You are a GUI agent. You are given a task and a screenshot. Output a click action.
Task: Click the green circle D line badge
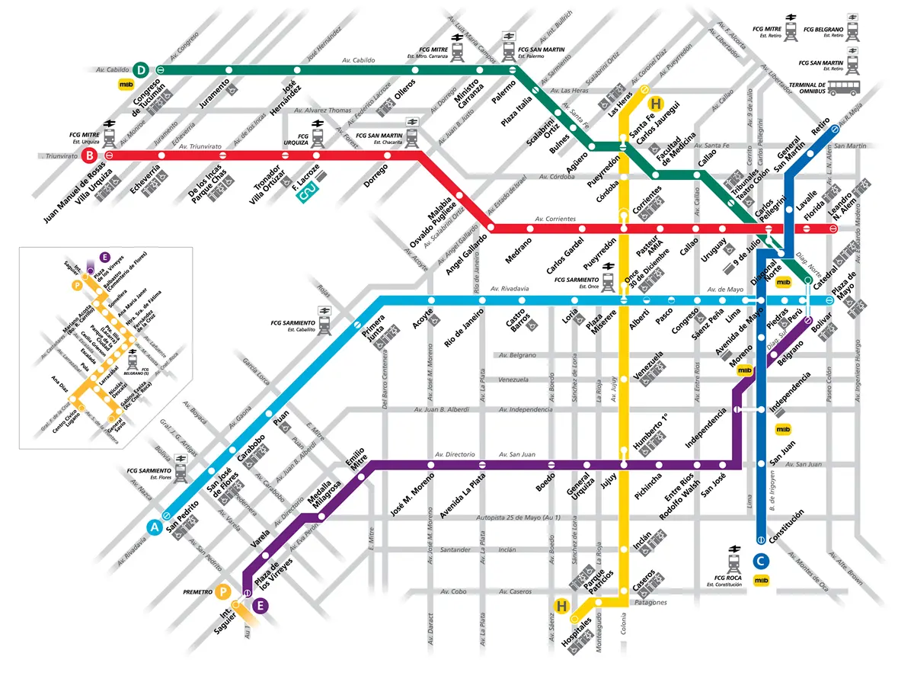[140, 69]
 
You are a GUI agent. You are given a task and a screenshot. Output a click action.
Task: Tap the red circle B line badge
[91, 156]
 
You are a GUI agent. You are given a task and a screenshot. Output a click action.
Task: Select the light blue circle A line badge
[155, 527]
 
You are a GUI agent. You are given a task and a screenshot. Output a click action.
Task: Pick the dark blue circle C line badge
[760, 561]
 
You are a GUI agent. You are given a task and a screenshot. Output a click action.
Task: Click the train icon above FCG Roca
[735, 562]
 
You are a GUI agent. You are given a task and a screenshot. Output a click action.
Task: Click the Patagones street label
[650, 602]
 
